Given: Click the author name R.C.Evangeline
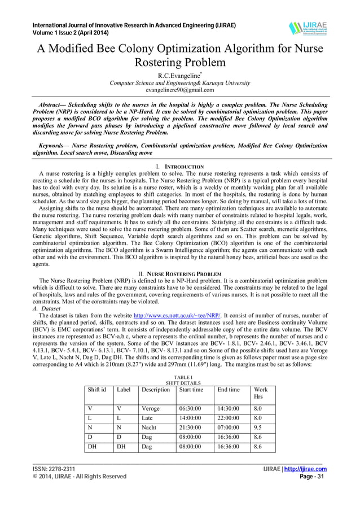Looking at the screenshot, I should pyautogui.click(x=179, y=74).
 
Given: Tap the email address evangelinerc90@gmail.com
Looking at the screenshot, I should pyautogui.click(x=179, y=90).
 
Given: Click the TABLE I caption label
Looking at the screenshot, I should pyautogui.click(x=179, y=376).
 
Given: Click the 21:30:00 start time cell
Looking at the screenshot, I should pyautogui.click(x=190, y=428).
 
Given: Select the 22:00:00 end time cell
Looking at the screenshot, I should pyautogui.click(x=229, y=418).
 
